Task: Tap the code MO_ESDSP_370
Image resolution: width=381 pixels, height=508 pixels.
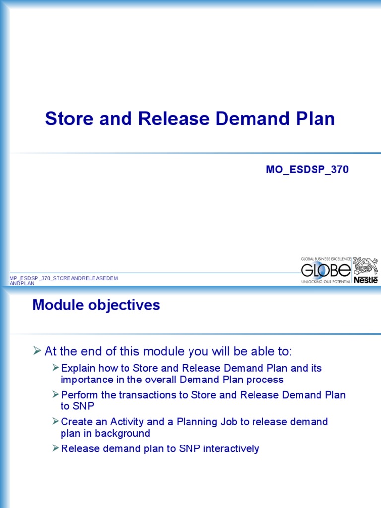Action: click(x=307, y=170)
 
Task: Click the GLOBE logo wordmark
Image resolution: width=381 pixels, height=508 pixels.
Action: click(x=326, y=270)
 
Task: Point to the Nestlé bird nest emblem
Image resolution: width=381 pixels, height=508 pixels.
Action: click(x=365, y=266)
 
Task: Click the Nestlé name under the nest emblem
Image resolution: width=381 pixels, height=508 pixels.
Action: click(x=365, y=280)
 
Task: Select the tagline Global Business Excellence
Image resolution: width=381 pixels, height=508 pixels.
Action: click(x=326, y=259)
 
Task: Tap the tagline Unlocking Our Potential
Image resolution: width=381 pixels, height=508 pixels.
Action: click(x=326, y=281)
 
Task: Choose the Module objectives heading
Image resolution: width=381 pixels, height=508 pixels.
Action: click(x=96, y=305)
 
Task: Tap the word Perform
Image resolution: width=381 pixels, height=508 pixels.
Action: click(x=79, y=395)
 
